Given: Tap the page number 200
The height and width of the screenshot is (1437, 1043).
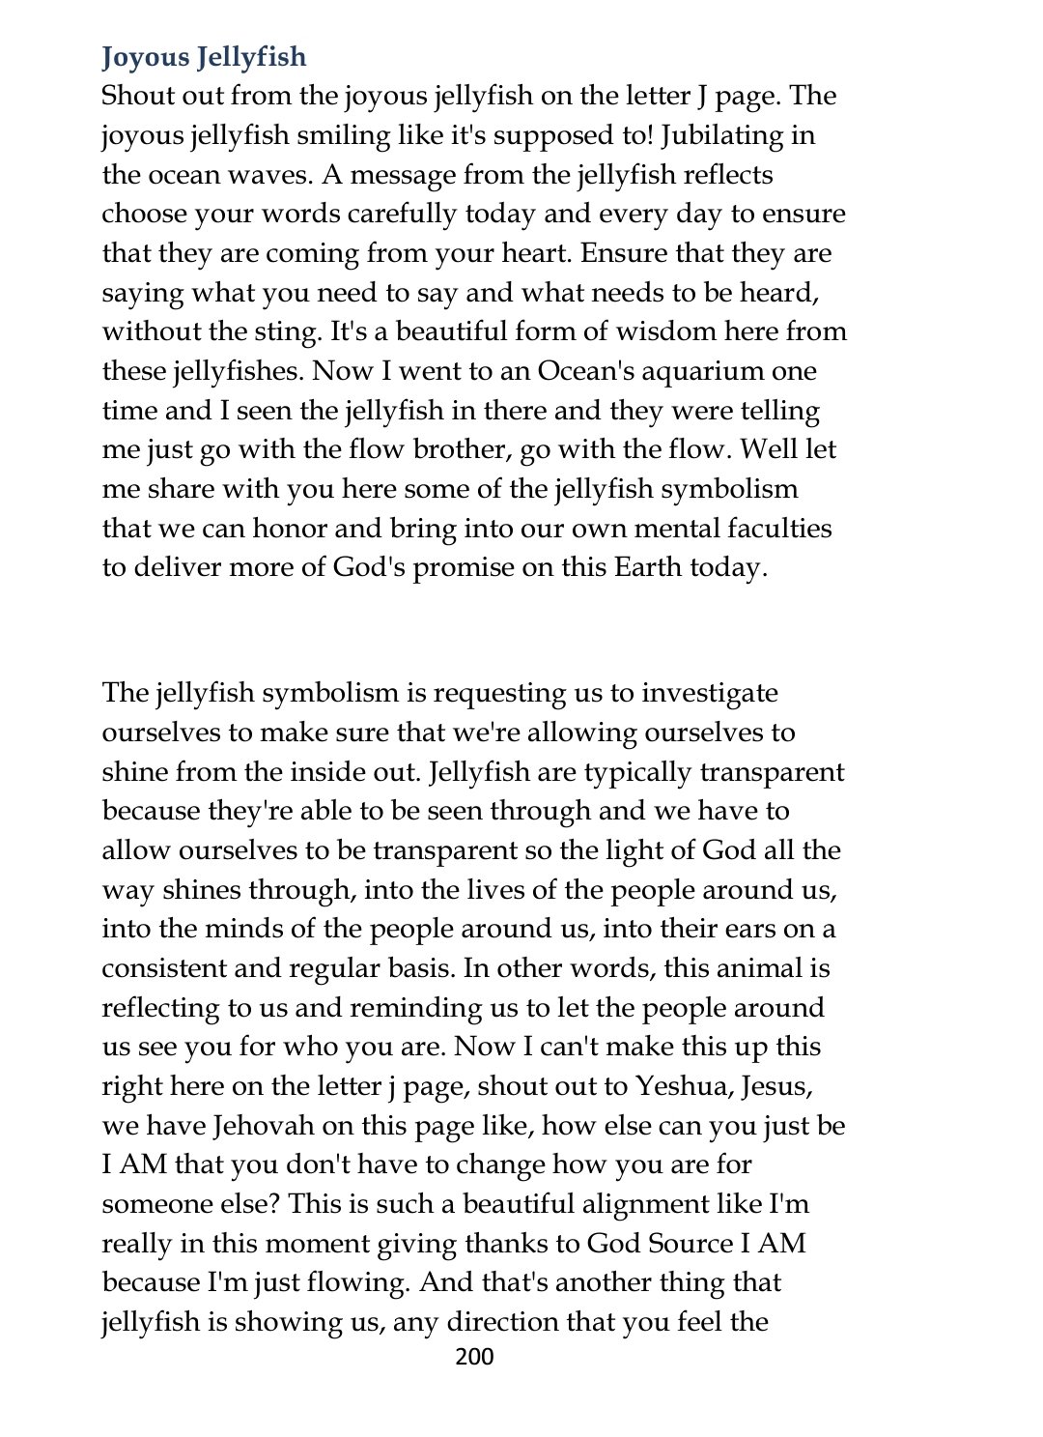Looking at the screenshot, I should [474, 1357].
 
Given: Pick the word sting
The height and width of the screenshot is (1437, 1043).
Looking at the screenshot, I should [289, 331].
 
